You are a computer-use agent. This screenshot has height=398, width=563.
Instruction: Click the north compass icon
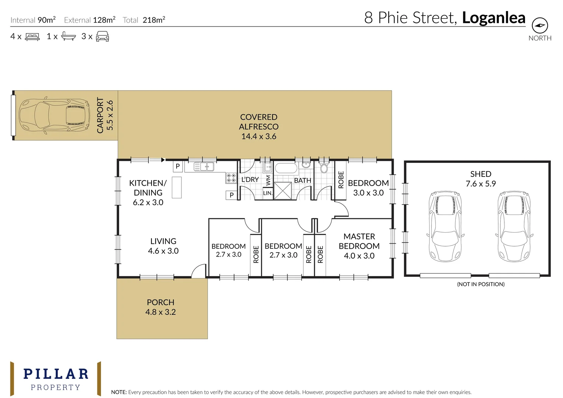539,25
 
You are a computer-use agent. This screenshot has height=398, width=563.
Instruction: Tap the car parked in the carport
54,115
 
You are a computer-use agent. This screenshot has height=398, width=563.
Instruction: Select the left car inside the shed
445,226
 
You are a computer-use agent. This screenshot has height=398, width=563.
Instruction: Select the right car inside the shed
514,226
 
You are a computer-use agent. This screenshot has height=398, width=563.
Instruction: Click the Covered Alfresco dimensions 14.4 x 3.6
258,136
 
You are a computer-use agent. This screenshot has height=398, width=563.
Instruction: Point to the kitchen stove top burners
231,178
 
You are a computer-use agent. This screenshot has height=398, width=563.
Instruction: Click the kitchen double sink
204,167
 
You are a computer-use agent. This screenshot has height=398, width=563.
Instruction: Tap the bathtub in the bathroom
286,168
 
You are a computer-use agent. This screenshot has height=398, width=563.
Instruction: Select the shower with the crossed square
283,191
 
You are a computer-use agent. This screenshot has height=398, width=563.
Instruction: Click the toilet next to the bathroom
324,168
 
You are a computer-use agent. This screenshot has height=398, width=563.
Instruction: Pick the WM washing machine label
268,180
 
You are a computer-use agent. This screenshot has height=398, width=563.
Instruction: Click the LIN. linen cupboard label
268,193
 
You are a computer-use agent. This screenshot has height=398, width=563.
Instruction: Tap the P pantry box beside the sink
178,166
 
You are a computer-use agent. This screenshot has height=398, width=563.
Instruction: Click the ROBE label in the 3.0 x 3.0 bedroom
341,180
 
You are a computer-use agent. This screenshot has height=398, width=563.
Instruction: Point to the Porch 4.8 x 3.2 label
160,307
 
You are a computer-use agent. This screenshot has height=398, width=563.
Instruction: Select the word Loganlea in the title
493,18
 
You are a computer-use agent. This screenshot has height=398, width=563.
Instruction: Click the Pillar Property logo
56,379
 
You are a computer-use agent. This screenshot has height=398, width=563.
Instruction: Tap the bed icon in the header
32,36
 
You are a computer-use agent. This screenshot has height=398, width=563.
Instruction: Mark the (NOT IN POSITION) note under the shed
480,284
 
